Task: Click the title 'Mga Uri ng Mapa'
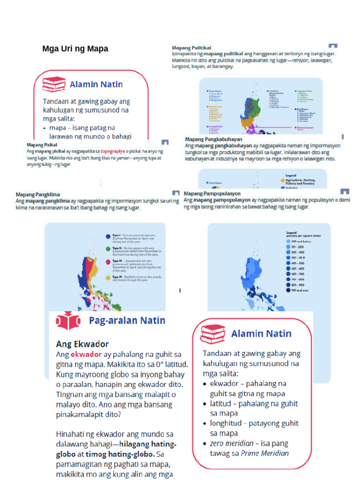(x=75, y=49)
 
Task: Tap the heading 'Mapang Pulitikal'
(x=191, y=48)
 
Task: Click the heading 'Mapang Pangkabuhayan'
(x=213, y=139)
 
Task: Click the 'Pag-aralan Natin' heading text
(x=127, y=321)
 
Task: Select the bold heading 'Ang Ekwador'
(x=82, y=344)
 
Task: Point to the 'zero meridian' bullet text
(x=223, y=443)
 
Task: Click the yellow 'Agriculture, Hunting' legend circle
(x=283, y=180)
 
